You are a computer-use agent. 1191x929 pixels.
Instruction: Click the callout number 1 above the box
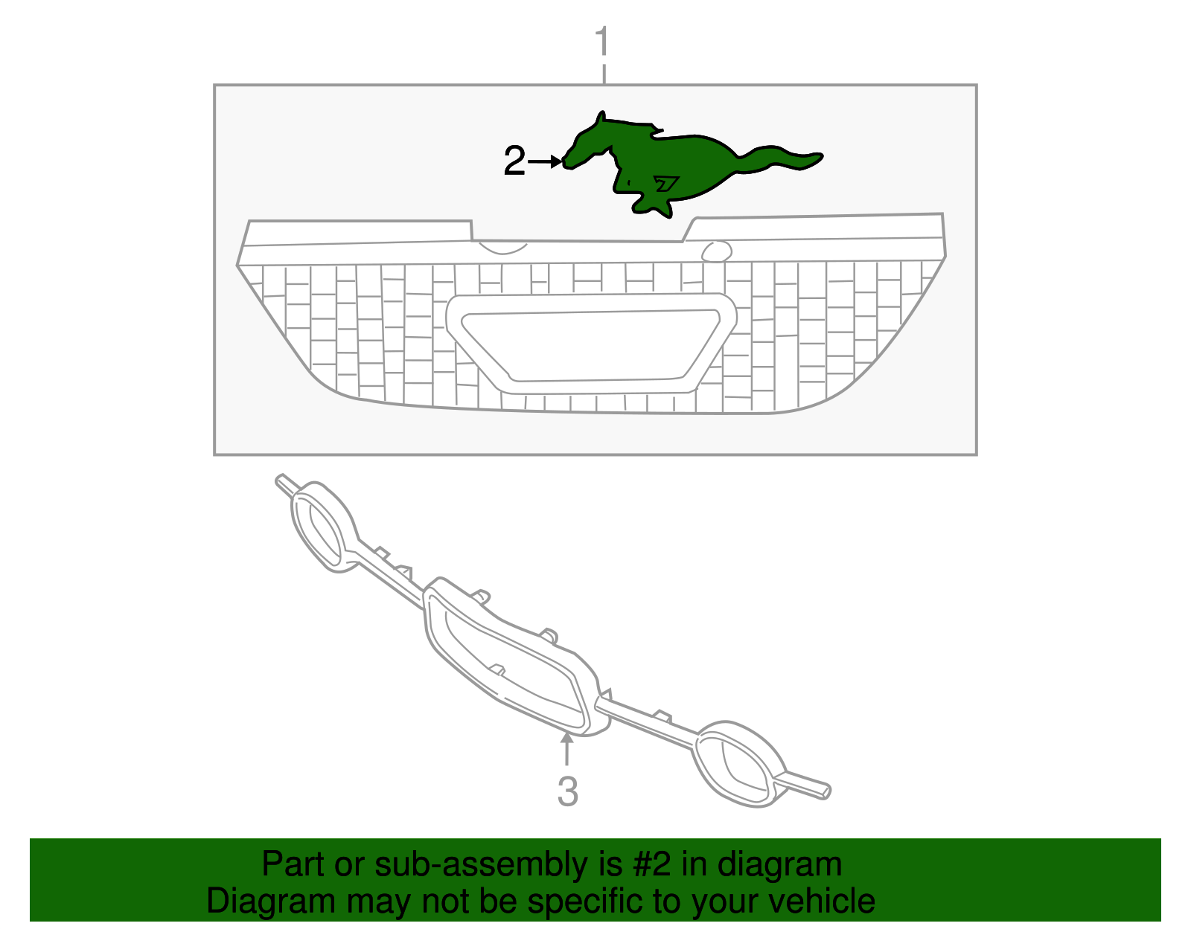click(x=601, y=40)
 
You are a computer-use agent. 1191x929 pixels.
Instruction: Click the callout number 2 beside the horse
click(x=514, y=161)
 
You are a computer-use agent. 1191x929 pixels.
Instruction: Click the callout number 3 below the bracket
click(x=568, y=791)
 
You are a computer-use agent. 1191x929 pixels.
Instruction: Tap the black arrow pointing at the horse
click(x=545, y=161)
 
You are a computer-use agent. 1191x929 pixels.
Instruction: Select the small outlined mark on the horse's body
click(x=666, y=184)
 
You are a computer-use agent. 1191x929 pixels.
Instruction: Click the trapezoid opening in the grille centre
click(x=591, y=345)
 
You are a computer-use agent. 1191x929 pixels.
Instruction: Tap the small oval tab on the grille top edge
click(x=716, y=251)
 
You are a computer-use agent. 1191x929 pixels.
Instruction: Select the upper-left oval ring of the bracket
click(x=324, y=527)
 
